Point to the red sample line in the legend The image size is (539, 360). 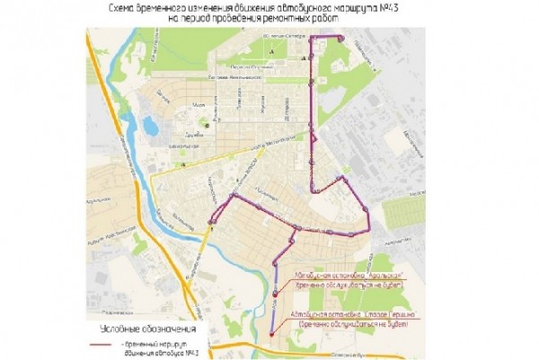(x=102, y=344)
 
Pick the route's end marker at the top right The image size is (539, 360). (x=340, y=37)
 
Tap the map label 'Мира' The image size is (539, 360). (x=200, y=102)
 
